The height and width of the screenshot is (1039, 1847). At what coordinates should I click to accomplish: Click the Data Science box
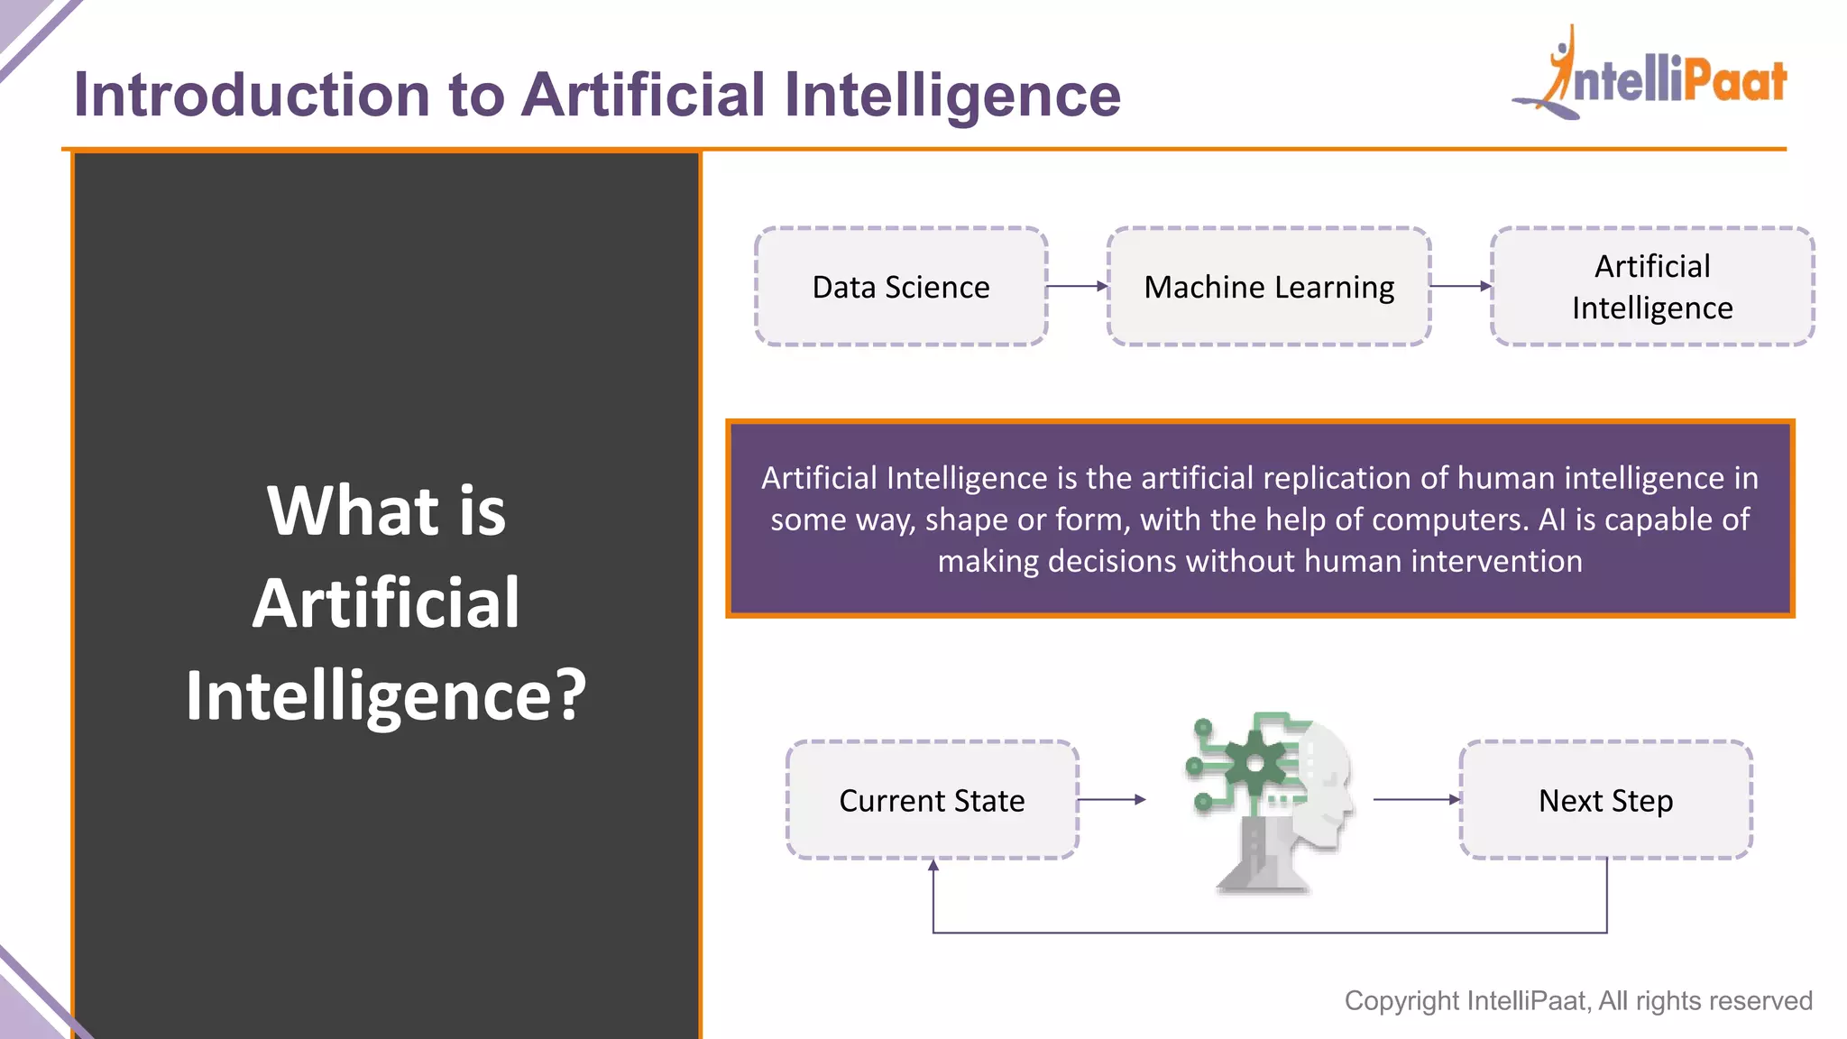[900, 287]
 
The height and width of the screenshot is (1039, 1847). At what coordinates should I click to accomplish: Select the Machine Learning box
[1268, 287]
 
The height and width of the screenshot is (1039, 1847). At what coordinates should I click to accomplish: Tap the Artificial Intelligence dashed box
[1651, 287]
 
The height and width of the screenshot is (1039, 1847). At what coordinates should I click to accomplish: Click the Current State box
[932, 800]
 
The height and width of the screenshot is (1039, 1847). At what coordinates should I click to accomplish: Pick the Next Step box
[1605, 800]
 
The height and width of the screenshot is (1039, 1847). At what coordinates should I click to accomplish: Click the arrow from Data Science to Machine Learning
[1077, 286]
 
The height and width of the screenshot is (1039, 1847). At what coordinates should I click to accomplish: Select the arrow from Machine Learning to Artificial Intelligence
[1460, 286]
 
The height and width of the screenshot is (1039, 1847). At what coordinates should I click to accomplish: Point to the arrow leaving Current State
[1111, 799]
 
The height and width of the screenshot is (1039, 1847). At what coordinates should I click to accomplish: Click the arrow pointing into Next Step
[1416, 799]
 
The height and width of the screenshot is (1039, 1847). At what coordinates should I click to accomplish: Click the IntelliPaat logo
[1650, 77]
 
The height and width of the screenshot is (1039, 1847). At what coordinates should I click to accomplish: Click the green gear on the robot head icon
[1254, 764]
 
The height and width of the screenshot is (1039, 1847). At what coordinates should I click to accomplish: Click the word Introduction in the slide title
[252, 95]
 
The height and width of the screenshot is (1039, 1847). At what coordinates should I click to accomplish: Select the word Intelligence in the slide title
[951, 95]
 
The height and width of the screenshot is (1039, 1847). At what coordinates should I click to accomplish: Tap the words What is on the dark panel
[386, 510]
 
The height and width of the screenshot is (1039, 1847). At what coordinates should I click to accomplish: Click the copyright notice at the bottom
[1577, 1000]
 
